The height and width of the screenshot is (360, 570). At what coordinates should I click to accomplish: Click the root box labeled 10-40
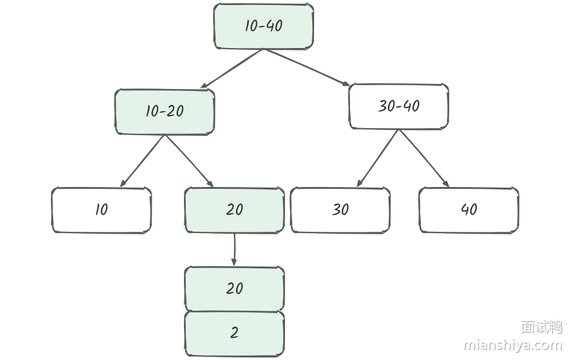click(x=264, y=26)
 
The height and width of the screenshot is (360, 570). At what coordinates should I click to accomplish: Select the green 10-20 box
click(x=164, y=111)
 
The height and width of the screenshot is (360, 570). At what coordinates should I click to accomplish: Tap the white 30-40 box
click(x=399, y=106)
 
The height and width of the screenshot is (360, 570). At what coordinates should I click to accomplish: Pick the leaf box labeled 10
click(x=101, y=210)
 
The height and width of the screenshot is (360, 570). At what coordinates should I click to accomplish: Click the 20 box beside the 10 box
click(x=234, y=210)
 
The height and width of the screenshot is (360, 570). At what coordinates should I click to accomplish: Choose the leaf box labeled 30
click(x=340, y=210)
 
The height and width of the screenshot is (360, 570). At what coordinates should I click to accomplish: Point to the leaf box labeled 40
click(x=469, y=210)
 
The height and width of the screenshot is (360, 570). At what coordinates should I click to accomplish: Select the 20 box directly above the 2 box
click(x=234, y=289)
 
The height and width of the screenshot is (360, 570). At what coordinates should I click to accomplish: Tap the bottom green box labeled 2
click(x=234, y=333)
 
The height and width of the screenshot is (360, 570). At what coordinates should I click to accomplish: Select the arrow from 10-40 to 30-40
click(x=306, y=68)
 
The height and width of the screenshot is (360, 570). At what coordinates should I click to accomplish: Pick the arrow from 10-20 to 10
click(x=143, y=161)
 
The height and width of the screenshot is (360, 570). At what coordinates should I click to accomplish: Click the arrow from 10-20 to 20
click(x=189, y=161)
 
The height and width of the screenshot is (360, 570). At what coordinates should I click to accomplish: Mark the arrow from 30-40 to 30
click(x=378, y=159)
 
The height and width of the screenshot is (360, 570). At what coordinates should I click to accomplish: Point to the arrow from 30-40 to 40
click(x=423, y=159)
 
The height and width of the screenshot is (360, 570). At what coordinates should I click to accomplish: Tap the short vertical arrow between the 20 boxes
click(x=234, y=249)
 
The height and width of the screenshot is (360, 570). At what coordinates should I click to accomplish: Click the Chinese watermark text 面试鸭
click(x=541, y=327)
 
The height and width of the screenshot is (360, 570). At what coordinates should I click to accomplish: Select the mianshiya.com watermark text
click(x=512, y=345)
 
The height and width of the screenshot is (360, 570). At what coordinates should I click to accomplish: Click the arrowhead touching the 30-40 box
click(x=346, y=84)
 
